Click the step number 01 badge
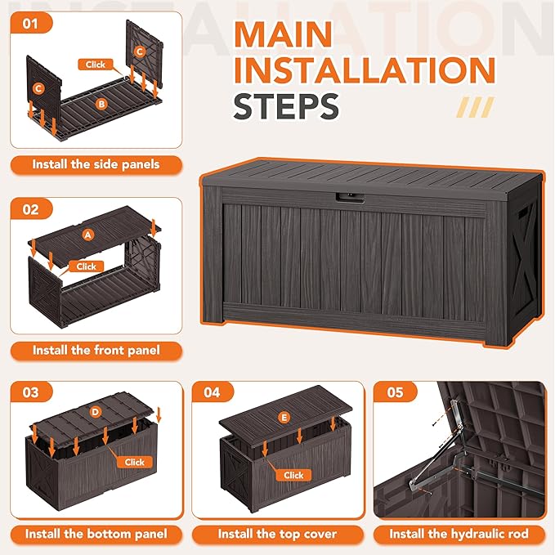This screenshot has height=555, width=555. [31, 24]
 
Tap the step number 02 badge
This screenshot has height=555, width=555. [31, 209]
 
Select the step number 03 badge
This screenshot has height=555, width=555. [31, 392]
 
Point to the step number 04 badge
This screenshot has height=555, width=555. [213, 392]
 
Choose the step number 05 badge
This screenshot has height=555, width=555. [396, 392]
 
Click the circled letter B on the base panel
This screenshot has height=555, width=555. [101, 104]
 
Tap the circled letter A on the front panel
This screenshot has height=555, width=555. [88, 235]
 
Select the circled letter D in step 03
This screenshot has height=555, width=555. [96, 412]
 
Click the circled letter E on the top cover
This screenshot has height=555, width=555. [284, 418]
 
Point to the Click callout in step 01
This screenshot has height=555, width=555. [95, 65]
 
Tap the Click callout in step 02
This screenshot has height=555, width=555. [87, 266]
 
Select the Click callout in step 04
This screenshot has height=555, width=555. [293, 475]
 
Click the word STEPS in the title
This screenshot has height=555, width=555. [286, 106]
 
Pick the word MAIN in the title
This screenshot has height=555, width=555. [283, 34]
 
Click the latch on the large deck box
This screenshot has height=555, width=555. [350, 198]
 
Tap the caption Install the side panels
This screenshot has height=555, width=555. [96, 164]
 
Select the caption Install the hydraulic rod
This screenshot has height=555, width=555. [459, 534]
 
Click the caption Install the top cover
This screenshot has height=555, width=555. [278, 534]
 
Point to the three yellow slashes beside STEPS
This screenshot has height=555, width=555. [476, 107]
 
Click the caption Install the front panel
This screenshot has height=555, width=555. [96, 351]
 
